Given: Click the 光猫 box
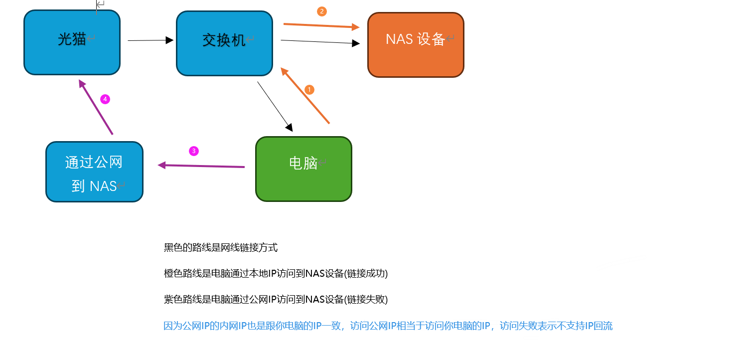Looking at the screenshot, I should tap(72, 42).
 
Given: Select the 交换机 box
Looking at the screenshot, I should tap(224, 43).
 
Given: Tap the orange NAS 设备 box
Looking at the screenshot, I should tap(416, 45).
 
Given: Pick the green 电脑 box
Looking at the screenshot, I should tap(303, 169).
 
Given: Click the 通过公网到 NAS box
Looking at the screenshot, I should tap(94, 172).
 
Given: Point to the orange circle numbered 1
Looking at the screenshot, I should tap(309, 90).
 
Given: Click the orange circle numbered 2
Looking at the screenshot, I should tap(322, 11).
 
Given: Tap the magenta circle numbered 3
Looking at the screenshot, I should tap(194, 151).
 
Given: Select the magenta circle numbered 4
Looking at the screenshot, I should tap(105, 99).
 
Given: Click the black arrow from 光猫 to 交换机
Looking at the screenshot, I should tap(150, 40).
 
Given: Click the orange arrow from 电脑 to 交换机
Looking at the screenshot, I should tap(305, 96).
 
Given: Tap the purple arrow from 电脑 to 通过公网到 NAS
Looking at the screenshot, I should tap(201, 166).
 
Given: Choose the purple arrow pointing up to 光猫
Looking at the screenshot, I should tap(96, 107).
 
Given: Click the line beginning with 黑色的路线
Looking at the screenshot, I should tap(220, 247).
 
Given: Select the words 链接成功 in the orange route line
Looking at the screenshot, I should tap(367, 273).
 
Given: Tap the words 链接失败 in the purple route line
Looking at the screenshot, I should tap(367, 299).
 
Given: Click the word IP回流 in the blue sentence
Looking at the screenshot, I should tap(598, 326).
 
